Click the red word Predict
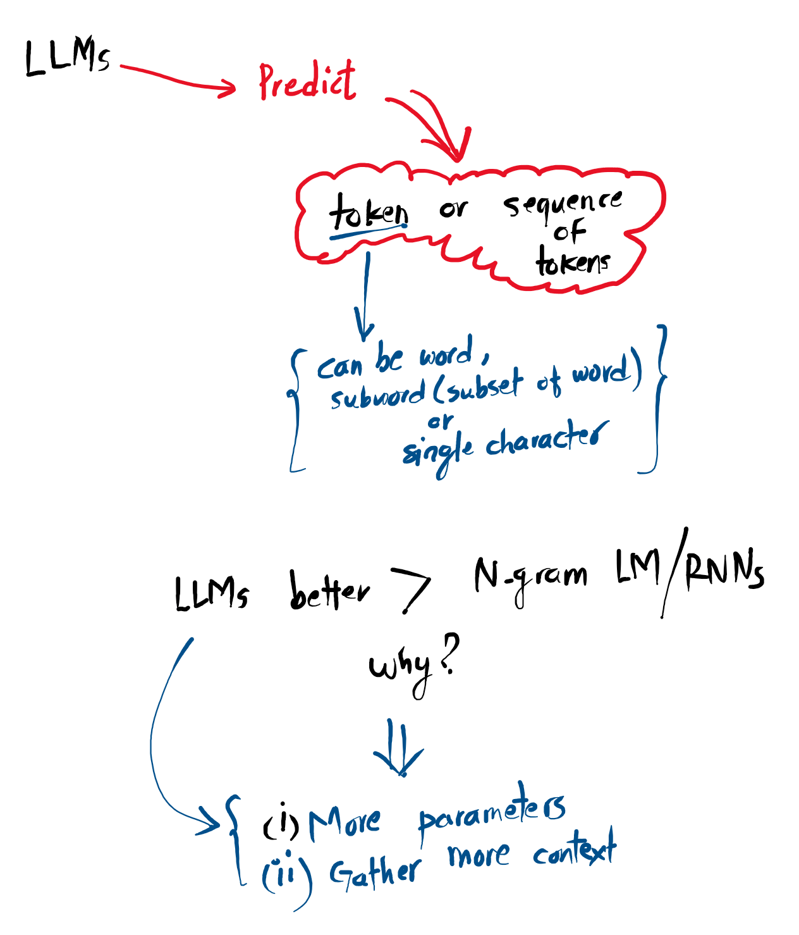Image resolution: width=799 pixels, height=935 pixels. (x=307, y=82)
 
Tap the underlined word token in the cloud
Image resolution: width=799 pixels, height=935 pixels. (x=368, y=212)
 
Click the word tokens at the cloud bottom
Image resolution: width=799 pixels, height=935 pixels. (x=573, y=262)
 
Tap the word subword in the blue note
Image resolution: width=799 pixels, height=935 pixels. (x=378, y=395)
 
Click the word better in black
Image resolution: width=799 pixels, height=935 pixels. (x=329, y=591)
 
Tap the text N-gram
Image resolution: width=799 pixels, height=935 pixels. (x=530, y=577)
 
